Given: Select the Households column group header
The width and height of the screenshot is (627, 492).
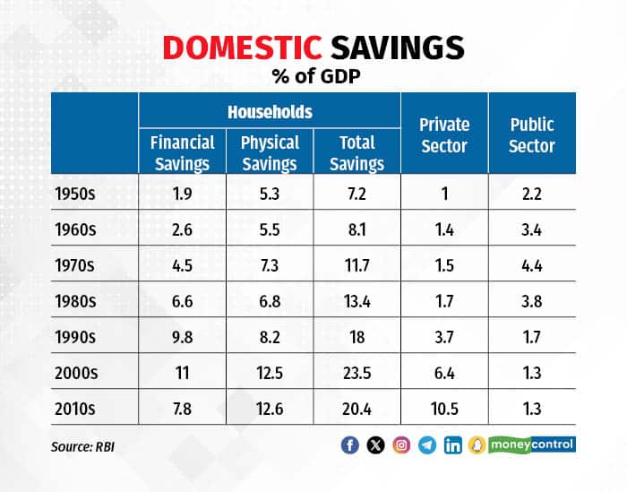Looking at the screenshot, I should pyautogui.click(x=269, y=112).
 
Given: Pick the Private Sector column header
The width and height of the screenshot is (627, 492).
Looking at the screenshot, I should pyautogui.click(x=444, y=134).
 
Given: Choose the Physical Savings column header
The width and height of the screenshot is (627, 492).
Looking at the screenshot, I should pyautogui.click(x=270, y=152).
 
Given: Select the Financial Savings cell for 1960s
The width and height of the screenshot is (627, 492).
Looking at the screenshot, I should pyautogui.click(x=182, y=228).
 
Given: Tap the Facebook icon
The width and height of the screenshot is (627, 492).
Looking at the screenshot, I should pyautogui.click(x=350, y=445).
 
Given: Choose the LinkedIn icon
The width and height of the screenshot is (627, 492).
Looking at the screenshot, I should pyautogui.click(x=453, y=445).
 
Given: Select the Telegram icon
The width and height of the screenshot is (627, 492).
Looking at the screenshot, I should pyautogui.click(x=427, y=445).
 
